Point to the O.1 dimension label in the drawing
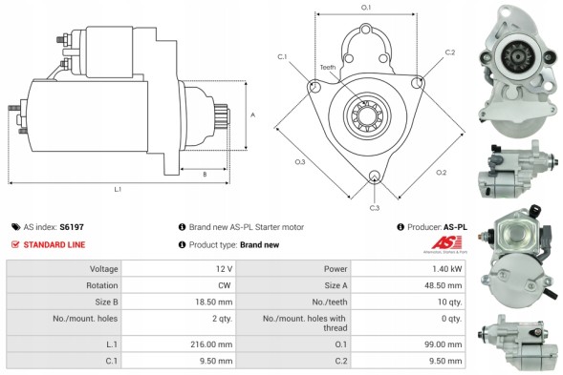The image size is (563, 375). pyautogui.click(x=366, y=8)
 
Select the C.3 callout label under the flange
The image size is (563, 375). pyautogui.click(x=374, y=207)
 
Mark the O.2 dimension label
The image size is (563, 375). pyautogui.click(x=441, y=172)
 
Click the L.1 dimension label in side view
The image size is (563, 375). pyautogui.click(x=118, y=189)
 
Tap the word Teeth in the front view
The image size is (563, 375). pyautogui.click(x=328, y=68)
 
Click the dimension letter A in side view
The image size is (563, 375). pyautogui.click(x=252, y=115)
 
